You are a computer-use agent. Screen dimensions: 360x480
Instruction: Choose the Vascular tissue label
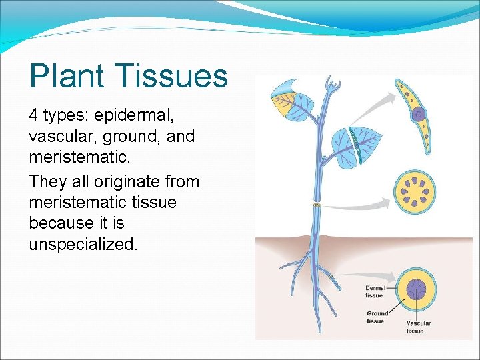click(x=418, y=327)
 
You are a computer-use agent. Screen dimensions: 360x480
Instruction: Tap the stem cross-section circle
click(x=417, y=193)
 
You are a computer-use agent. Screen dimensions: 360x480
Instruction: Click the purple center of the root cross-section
click(x=417, y=291)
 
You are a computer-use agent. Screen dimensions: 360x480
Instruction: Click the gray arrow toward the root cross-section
click(x=363, y=273)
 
